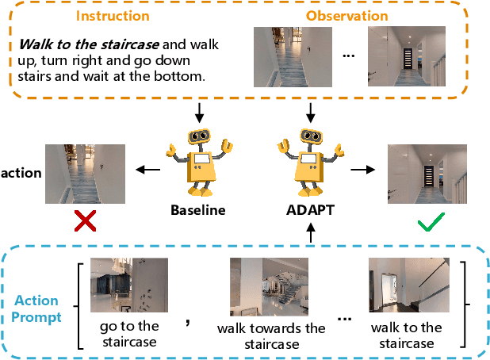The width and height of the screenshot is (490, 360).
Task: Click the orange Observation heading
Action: pos(347,15)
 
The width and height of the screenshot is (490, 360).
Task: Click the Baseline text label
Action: pos(198,211)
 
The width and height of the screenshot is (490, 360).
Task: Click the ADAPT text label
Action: pos(311,211)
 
